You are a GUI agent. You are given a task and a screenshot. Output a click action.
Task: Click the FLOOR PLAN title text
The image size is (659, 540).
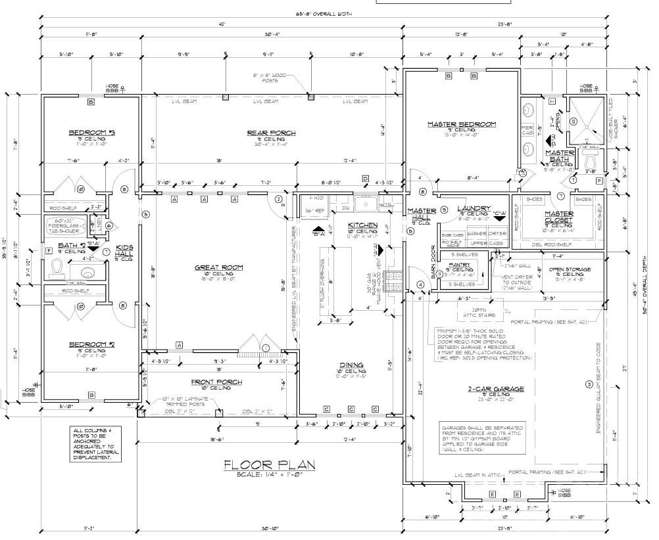click(269, 464)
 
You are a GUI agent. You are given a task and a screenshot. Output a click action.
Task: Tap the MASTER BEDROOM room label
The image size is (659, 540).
click(462, 124)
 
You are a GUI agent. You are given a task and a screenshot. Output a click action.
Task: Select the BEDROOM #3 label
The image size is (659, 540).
click(92, 133)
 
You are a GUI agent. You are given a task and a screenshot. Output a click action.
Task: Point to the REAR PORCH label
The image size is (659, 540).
click(271, 133)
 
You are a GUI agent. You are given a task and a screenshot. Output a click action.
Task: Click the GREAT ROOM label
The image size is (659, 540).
click(219, 267)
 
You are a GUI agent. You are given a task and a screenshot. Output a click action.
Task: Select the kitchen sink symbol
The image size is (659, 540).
click(366, 206)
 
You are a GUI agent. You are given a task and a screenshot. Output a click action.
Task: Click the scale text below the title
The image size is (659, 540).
click(269, 474)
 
